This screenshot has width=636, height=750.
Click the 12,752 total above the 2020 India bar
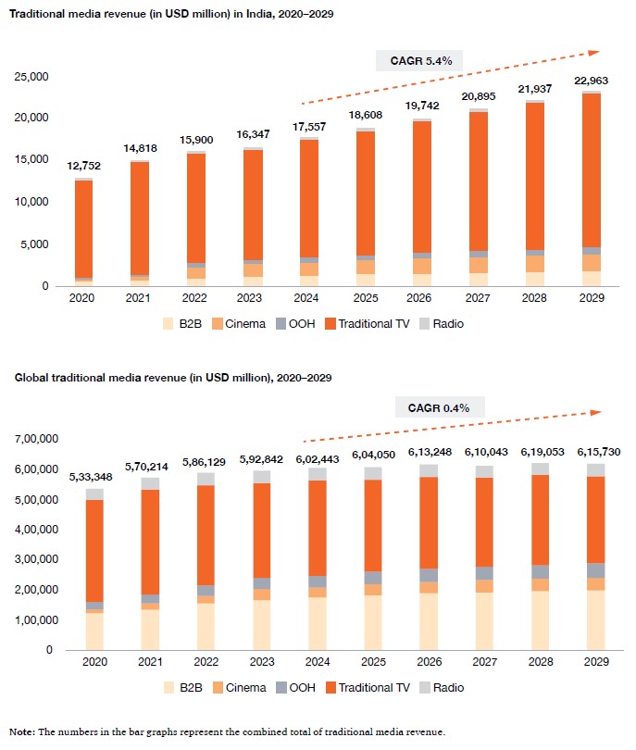tap(84, 167)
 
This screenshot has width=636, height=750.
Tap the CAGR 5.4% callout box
tap(418, 61)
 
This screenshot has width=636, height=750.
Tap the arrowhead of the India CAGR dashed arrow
tap(594, 53)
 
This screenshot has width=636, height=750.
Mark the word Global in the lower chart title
tap(30, 378)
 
